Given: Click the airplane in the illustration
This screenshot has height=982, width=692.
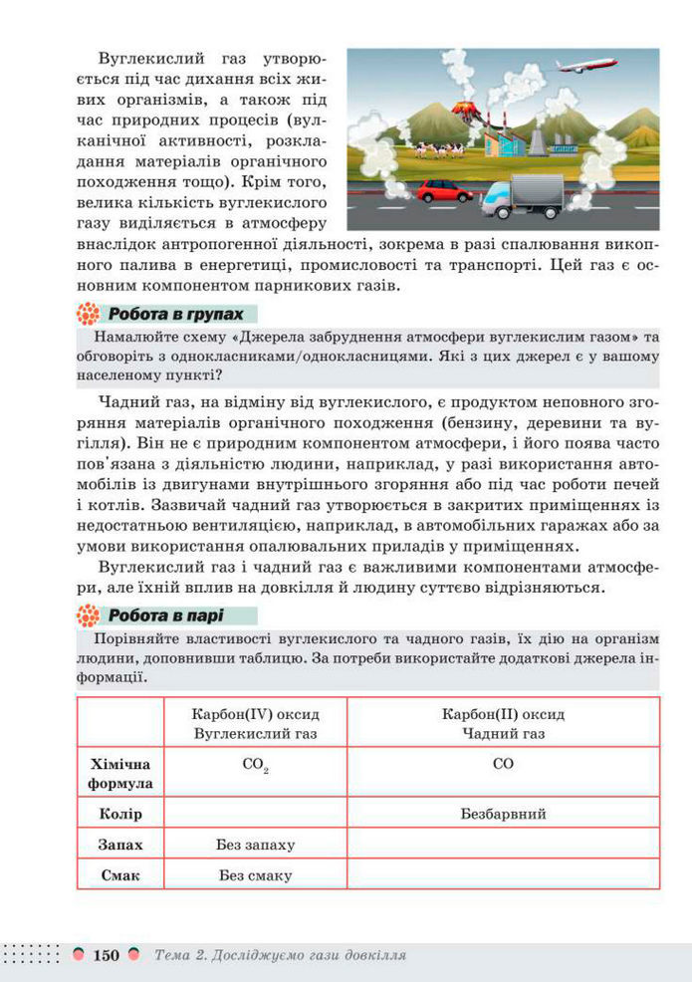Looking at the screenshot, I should [586, 66].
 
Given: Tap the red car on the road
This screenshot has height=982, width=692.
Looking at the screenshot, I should [444, 190].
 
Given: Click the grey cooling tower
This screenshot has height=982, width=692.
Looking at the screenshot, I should [538, 140].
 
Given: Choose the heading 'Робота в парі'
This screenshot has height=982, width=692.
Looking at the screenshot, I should [165, 614].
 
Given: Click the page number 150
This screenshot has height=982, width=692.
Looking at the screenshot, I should [106, 955].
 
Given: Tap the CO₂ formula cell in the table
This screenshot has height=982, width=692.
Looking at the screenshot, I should [255, 767].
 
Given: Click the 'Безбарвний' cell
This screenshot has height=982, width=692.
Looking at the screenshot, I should [503, 814].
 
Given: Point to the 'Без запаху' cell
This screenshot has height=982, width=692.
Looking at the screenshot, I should [255, 845].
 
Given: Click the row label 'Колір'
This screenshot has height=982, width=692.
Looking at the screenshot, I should [120, 814].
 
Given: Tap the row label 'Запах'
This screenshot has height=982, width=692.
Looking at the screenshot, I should [120, 845].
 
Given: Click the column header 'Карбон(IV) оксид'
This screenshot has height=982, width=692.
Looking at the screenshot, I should [255, 715].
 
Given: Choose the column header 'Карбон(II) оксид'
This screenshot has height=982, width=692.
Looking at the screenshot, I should [503, 715].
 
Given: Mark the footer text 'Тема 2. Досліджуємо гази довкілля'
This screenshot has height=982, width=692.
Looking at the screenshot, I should [280, 955].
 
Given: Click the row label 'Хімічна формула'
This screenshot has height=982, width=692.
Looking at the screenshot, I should [120, 774].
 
